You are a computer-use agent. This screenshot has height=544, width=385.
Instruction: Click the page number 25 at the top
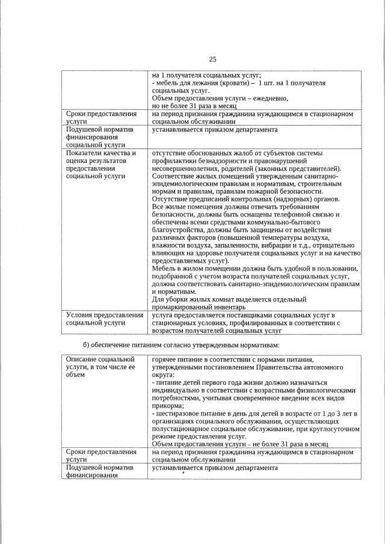[x=212, y=59]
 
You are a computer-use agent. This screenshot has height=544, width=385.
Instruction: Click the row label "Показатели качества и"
[x=101, y=153]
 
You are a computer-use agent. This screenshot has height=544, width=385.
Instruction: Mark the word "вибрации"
[x=283, y=245]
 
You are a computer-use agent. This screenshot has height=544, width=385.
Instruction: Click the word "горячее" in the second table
[x=165, y=359]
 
